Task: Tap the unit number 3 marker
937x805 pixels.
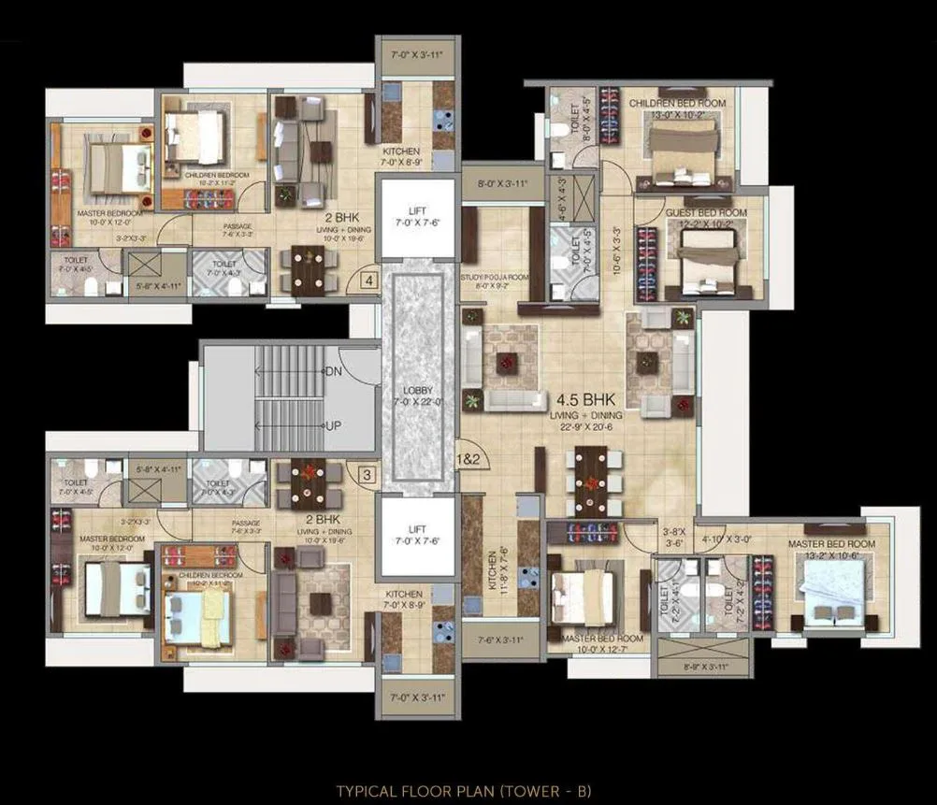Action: pos(368,475)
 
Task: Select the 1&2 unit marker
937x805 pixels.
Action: pos(468,459)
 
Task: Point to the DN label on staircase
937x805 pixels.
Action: pos(333,371)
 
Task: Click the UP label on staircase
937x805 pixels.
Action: pos(332,426)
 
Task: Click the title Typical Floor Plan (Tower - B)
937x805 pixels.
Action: pos(464,791)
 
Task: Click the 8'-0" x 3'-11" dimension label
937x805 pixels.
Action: pos(502,184)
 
